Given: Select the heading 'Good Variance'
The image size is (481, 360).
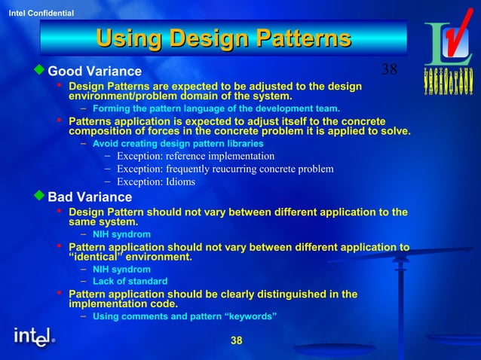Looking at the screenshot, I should [x=94, y=72].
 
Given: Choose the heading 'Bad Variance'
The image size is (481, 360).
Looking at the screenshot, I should [x=90, y=197].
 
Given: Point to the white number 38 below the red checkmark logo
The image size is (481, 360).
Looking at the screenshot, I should [x=389, y=69].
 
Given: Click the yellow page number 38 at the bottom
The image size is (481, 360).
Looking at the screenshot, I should [x=236, y=341].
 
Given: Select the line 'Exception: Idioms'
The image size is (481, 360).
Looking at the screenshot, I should [x=155, y=182].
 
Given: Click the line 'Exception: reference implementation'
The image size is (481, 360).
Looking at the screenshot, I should [x=195, y=156].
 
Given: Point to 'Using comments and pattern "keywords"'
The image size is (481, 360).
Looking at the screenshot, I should [x=185, y=316].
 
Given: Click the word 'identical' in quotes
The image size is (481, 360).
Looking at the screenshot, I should [x=95, y=258].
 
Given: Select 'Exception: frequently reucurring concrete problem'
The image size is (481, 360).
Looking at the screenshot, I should [x=224, y=169].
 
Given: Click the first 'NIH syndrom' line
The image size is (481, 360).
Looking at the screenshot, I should [x=121, y=234].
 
